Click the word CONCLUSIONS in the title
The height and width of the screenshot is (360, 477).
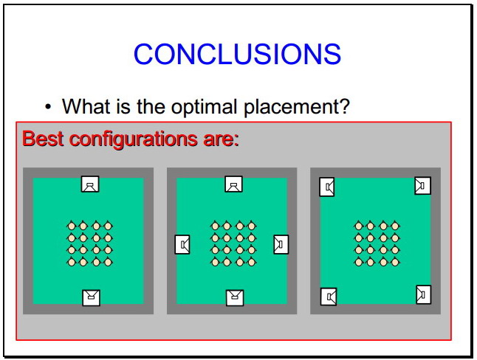coord(237,54)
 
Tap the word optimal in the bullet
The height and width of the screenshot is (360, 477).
coord(204,107)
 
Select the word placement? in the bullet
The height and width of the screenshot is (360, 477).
coord(297,107)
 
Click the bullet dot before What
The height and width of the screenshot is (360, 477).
coord(48,107)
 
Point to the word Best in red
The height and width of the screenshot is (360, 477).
coord(43,139)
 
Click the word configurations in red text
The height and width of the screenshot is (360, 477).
coord(134,139)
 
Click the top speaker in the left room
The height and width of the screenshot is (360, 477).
coord(90,184)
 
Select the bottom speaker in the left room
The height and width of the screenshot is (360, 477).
coord(92,298)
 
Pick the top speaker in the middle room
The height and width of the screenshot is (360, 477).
coord(233,184)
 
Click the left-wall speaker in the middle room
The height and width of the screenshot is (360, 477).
coord(182,244)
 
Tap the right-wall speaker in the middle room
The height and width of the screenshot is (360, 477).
coord(281,244)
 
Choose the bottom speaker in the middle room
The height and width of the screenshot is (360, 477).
coord(235,298)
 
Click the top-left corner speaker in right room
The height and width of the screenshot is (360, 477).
coord(327,187)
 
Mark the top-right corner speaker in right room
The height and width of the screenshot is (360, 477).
coord(423,185)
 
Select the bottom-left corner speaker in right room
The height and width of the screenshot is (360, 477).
coord(329,297)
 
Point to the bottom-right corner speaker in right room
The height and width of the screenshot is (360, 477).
coord(423,294)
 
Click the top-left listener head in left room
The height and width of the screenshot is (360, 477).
coord(72,226)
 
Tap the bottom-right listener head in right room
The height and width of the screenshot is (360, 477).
coord(395,261)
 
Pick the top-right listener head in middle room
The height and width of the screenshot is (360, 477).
coord(251,226)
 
